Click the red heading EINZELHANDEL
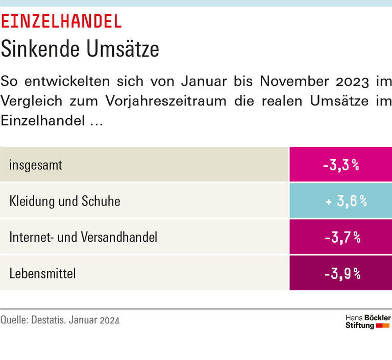pos(61,21)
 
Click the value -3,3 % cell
pos(341,165)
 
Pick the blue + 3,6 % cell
pos(341,201)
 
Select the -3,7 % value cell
pos(341,237)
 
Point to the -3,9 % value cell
pos(341,273)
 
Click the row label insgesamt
pos(36,165)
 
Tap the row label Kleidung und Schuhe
pos(65,201)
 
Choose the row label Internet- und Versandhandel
pos(83,237)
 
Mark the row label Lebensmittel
pos(42,273)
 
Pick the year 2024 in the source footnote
pos(110,321)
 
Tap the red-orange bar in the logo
pos(383,325)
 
